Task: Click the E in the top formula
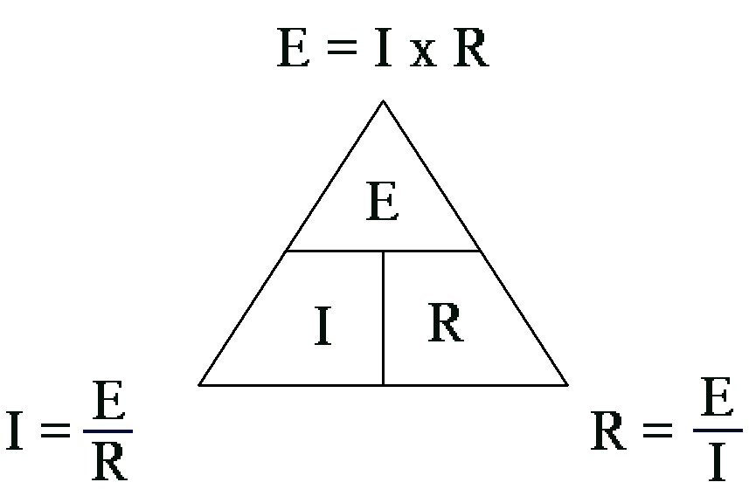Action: point(294,50)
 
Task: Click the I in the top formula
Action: point(382,50)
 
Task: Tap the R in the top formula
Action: point(470,50)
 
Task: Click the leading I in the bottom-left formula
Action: point(15,431)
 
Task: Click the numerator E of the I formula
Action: point(107,403)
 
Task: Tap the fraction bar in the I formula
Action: point(108,430)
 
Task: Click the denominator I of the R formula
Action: point(718,462)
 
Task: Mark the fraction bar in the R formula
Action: point(718,430)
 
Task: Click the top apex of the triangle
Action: point(383,102)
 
